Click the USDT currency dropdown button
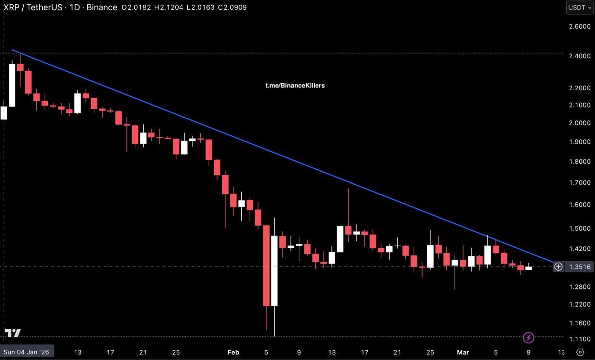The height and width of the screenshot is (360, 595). pyautogui.click(x=579, y=7)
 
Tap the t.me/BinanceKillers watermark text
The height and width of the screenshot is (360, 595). pyautogui.click(x=295, y=86)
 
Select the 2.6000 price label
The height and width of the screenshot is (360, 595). pyautogui.click(x=579, y=27)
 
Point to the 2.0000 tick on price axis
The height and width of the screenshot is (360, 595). pyautogui.click(x=579, y=123)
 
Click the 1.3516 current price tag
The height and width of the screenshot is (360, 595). pyautogui.click(x=580, y=267)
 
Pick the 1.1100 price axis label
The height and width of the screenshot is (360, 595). pyautogui.click(x=579, y=339)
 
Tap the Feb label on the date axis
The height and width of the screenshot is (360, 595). pyautogui.click(x=233, y=352)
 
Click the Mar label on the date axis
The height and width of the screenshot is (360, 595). pyautogui.click(x=463, y=352)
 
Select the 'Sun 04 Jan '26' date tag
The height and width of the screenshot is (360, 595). pyautogui.click(x=27, y=352)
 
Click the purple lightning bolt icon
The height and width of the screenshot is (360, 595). pyautogui.click(x=528, y=338)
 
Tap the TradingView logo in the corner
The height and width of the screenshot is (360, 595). pyautogui.click(x=13, y=333)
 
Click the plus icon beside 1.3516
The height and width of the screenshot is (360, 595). pyautogui.click(x=558, y=267)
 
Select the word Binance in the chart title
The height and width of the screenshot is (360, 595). pyautogui.click(x=102, y=7)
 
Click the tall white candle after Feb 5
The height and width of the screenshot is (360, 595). pyautogui.click(x=274, y=271)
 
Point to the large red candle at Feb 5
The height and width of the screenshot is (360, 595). pyautogui.click(x=266, y=266)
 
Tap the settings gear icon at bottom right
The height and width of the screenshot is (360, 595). pyautogui.click(x=580, y=352)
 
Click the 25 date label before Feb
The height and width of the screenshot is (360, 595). pyautogui.click(x=176, y=352)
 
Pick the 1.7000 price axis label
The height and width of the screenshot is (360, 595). pyautogui.click(x=579, y=183)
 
